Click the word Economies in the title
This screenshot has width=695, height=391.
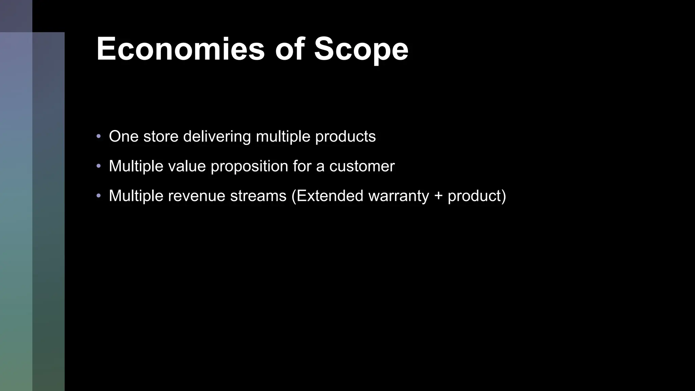coord(180,49)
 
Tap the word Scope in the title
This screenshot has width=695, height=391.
coord(361,49)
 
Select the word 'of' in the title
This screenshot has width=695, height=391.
coord(289,49)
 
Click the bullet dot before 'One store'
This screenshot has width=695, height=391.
coord(99,136)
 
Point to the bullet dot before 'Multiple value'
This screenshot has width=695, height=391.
coord(99,166)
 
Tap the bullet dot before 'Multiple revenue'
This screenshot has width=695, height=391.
coord(99,196)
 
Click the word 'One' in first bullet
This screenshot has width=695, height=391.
coord(124,136)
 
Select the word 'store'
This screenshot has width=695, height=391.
coord(161,136)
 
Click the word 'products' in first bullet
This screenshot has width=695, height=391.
coord(345,136)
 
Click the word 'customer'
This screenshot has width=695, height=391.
coord(362,166)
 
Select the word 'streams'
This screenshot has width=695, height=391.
coord(258,196)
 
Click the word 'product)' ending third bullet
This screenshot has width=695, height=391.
coord(477,196)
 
